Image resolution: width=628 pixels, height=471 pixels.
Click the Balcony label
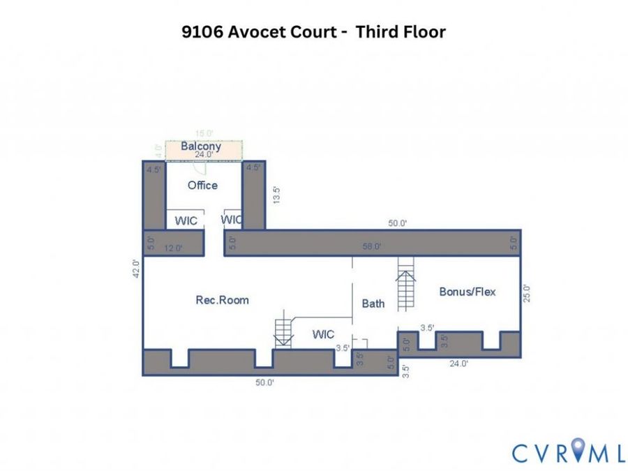(x=201, y=147)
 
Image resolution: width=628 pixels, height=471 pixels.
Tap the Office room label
(x=202, y=186)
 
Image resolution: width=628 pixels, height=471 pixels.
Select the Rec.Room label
(x=223, y=300)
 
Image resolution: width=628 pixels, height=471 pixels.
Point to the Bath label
(x=373, y=304)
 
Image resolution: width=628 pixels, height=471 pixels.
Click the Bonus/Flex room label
(x=468, y=292)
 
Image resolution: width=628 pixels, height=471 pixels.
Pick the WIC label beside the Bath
(x=323, y=334)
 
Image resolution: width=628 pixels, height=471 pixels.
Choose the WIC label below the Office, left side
(x=186, y=220)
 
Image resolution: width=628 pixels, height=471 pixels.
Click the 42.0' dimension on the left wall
(x=137, y=269)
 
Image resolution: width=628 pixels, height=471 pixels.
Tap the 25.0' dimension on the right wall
(x=527, y=293)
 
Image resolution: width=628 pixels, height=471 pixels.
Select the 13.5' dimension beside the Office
(x=276, y=195)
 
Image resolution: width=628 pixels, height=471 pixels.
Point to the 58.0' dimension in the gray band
(x=372, y=246)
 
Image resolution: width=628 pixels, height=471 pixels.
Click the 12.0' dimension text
(x=174, y=248)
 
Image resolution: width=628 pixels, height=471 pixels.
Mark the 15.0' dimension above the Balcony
(x=204, y=133)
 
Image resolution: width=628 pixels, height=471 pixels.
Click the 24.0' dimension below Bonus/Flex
(x=458, y=364)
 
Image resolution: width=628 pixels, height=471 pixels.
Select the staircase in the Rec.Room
(x=284, y=329)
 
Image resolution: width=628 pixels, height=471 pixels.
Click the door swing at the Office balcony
(x=199, y=167)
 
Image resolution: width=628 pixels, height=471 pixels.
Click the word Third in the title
(x=375, y=31)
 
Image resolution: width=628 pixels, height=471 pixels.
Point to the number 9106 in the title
(x=202, y=31)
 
